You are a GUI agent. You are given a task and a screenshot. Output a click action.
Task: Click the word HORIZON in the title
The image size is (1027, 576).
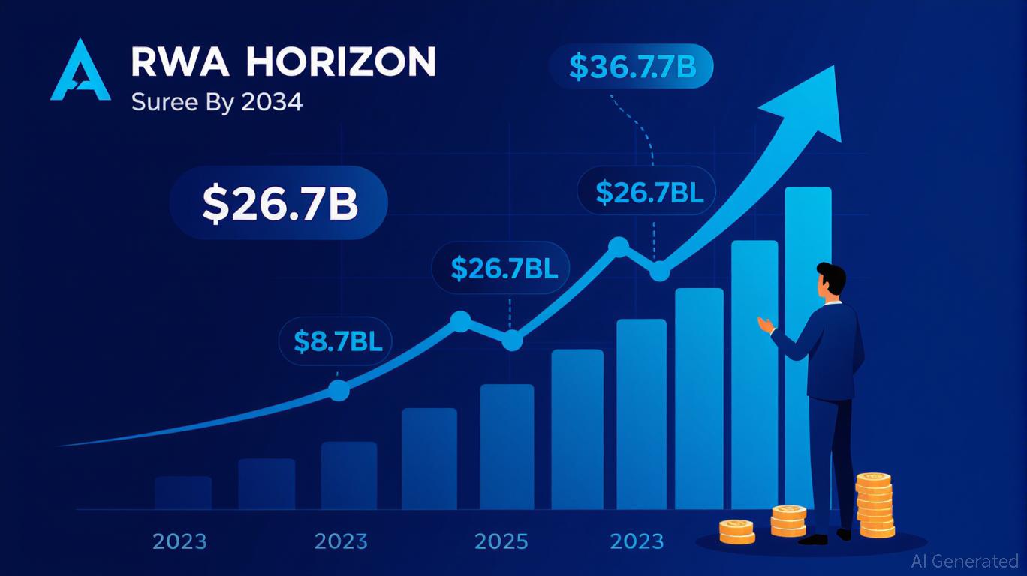340,63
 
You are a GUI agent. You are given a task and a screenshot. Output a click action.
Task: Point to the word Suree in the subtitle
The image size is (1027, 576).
156,102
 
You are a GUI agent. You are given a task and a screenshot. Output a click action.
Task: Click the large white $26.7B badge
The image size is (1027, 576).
279,203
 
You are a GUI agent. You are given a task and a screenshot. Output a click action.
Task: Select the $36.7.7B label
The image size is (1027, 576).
632,66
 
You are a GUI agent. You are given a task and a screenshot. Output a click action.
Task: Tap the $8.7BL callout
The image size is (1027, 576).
338,341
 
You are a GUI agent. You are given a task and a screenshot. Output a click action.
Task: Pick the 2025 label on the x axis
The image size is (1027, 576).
502,541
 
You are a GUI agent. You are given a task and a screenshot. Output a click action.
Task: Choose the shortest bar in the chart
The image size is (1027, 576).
183,493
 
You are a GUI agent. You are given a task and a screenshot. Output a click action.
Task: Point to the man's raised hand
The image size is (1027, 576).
765,324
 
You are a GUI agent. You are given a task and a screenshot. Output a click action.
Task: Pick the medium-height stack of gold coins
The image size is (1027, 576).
788,520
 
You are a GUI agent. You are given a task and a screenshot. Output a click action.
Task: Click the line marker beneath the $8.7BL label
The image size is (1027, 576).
339,390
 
